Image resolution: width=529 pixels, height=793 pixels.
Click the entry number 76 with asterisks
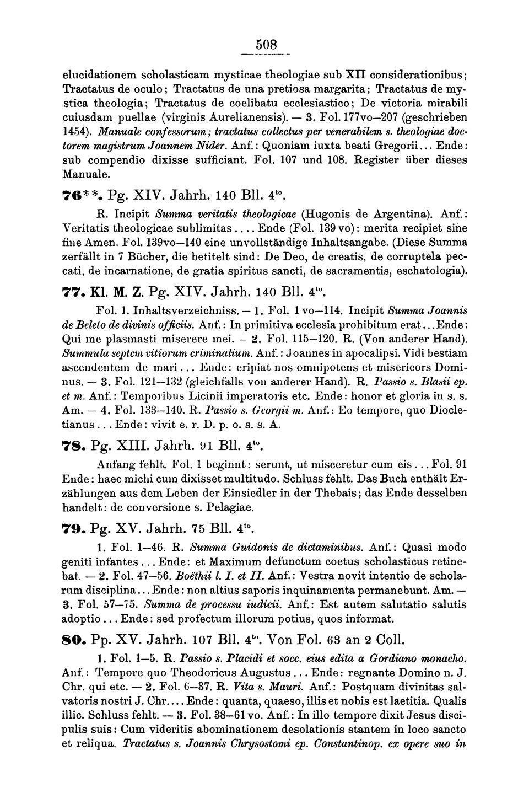pos(77,195)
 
